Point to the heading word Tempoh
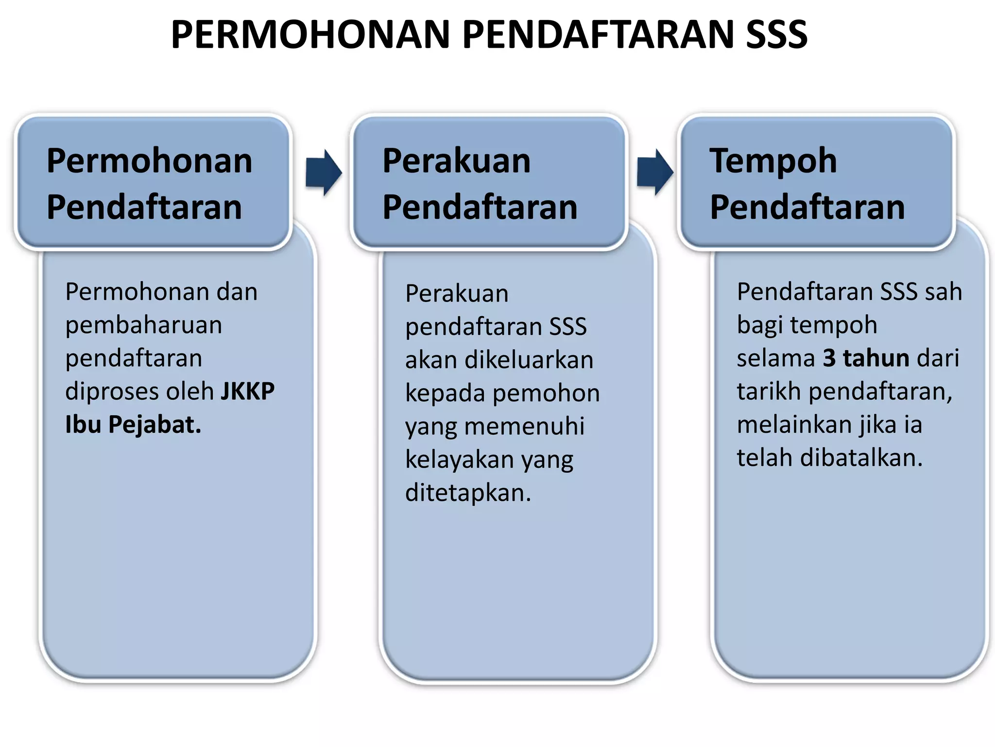pos(773,161)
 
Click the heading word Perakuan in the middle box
pos(456,161)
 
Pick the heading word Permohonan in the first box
pos(149,161)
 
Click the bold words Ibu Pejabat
pos(133,425)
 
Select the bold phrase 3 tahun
pos(866,358)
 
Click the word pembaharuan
pos(144,325)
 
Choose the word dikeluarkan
pos(529,360)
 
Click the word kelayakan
pos(459,460)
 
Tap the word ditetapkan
pos(468,493)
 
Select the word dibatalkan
pos(861,458)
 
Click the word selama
pos(775,358)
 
